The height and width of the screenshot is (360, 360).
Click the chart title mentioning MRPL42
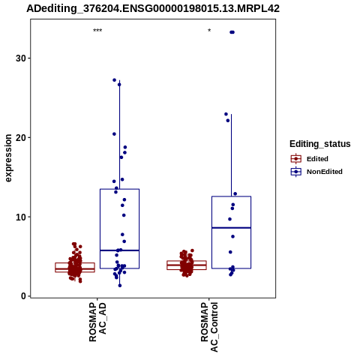tap(153, 8)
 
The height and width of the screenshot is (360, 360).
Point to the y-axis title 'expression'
tap(8, 158)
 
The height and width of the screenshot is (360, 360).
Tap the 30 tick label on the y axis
tap(21, 58)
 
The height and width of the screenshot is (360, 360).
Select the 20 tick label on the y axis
tap(21, 137)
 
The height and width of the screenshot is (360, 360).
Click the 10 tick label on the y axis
tap(21, 217)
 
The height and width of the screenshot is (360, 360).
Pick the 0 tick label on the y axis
tap(24, 296)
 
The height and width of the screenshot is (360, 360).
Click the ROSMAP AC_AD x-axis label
tap(97, 322)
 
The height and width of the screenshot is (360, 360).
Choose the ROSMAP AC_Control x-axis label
tap(209, 327)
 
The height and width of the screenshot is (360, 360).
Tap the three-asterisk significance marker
tap(97, 31)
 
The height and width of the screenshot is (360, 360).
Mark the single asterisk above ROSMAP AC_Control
tap(209, 31)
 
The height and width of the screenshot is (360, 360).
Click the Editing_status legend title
tap(320, 144)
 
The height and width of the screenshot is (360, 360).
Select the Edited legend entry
tap(310, 159)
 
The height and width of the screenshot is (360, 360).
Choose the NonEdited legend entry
tap(316, 172)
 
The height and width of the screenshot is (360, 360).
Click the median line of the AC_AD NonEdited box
tap(119, 250)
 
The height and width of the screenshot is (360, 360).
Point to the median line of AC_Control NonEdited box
tap(231, 228)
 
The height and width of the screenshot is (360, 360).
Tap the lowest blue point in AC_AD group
tap(120, 286)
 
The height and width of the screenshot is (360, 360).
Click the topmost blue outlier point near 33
tap(232, 32)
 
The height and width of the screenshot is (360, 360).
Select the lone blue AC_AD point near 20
tap(114, 134)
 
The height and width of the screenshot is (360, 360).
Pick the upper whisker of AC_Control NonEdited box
tap(231, 155)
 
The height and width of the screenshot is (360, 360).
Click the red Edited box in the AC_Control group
tap(187, 265)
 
